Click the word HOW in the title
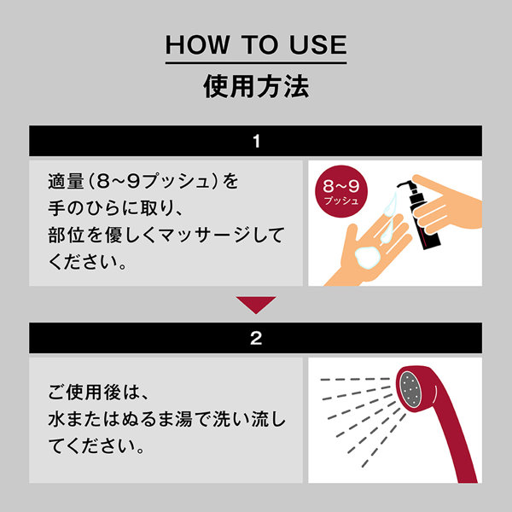(197, 44)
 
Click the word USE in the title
(317, 44)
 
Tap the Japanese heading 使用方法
(256, 86)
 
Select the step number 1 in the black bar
(256, 141)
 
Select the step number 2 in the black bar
(256, 338)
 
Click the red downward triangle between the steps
(256, 304)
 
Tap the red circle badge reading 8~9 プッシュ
(341, 191)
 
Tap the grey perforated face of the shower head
(410, 389)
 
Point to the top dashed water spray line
(355, 380)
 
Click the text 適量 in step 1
(67, 181)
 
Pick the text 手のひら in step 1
(84, 208)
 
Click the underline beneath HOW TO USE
(256, 62)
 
